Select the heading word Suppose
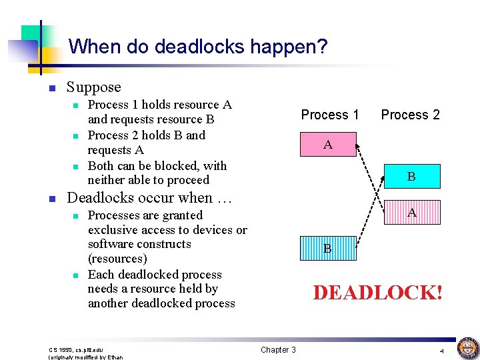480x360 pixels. pyautogui.click(x=94, y=87)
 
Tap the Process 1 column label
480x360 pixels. pyautogui.click(x=329, y=115)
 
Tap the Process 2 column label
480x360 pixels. pyautogui.click(x=410, y=115)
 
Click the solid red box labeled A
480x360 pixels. pyautogui.click(x=327, y=145)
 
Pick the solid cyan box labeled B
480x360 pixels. pyautogui.click(x=411, y=177)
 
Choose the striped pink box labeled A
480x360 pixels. pyautogui.click(x=411, y=213)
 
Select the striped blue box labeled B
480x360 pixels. pyautogui.click(x=327, y=249)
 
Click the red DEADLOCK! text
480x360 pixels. pyautogui.click(x=377, y=293)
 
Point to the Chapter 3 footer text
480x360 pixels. pyautogui.click(x=278, y=350)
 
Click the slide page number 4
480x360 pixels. pyautogui.click(x=441, y=351)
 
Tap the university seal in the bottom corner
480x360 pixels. pyautogui.click(x=467, y=347)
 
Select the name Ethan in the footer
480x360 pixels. pyautogui.click(x=115, y=357)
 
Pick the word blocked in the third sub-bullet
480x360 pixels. pyautogui.click(x=165, y=166)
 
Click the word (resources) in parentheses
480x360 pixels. pyautogui.click(x=117, y=259)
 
